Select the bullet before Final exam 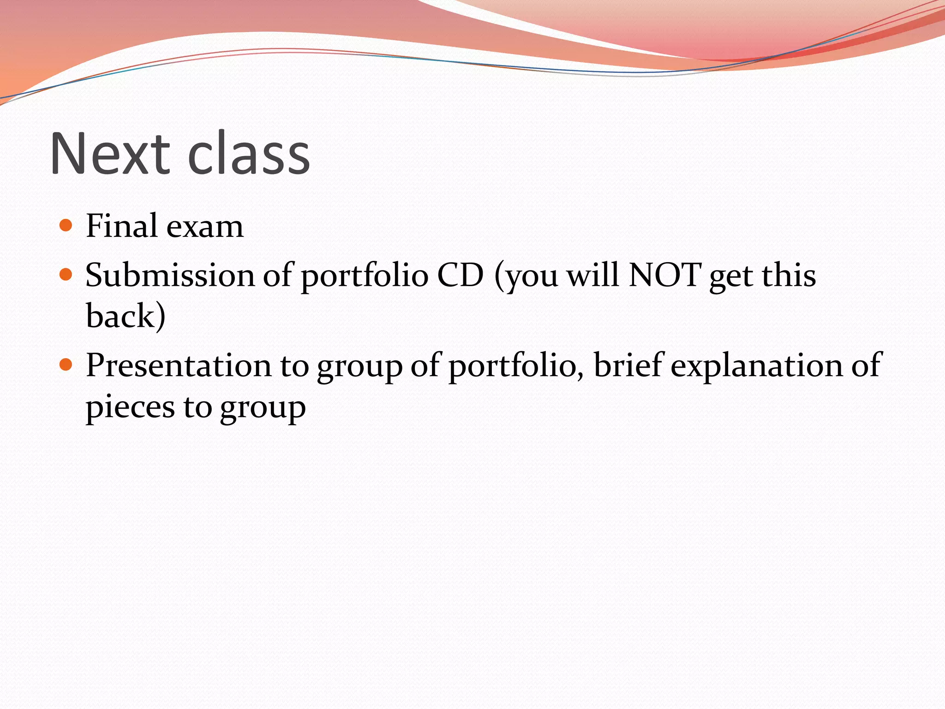(66, 226)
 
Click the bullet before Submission (66, 275)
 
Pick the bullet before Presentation (66, 365)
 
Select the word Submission (170, 275)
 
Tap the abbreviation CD (460, 275)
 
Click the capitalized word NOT (664, 275)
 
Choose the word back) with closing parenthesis (126, 316)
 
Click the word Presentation (179, 365)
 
